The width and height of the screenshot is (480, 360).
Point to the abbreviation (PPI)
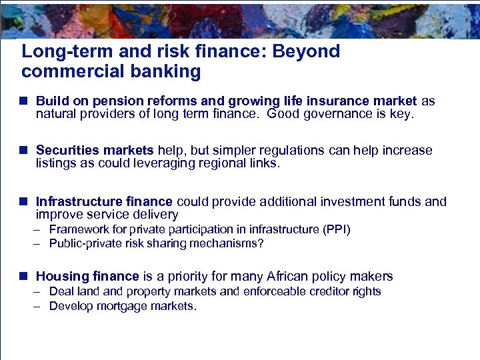pyautogui.click(x=337, y=229)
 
